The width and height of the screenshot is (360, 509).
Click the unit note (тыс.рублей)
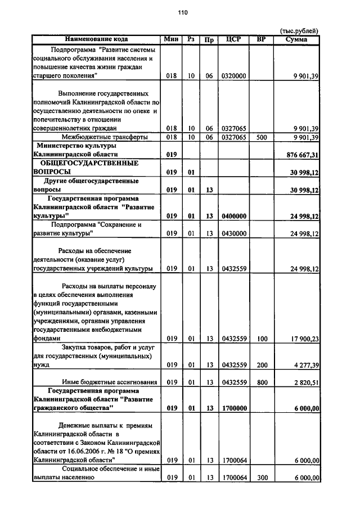(x=299, y=31)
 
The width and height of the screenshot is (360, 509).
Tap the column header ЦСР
(x=233, y=39)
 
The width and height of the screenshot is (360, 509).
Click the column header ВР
(x=261, y=39)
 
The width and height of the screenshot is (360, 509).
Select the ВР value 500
(x=261, y=137)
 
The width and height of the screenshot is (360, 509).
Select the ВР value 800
(x=261, y=382)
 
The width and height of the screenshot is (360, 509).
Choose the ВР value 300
(x=261, y=478)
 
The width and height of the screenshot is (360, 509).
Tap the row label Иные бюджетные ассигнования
(x=105, y=382)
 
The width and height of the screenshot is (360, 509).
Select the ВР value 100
(x=261, y=339)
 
